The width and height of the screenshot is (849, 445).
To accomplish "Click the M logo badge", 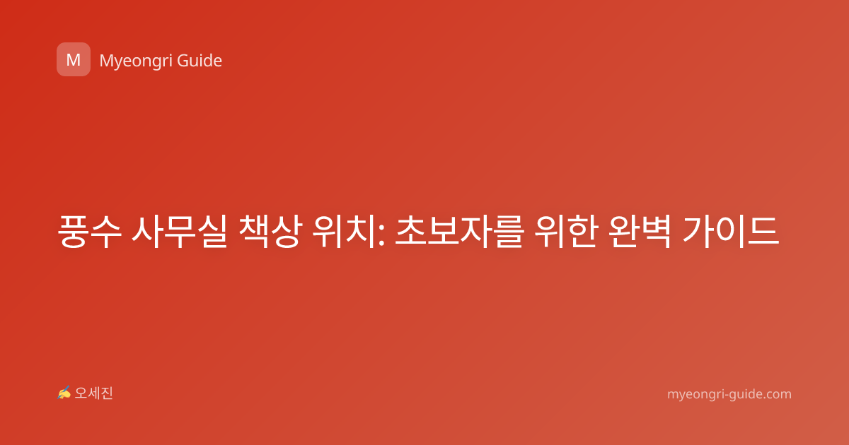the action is coord(74,59).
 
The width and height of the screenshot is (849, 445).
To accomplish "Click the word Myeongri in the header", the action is coord(135,61).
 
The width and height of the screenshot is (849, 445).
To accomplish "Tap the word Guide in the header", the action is coord(200,61).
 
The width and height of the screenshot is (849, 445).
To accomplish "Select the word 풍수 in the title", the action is coord(89,232).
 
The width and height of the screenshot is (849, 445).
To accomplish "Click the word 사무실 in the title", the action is coord(180,232).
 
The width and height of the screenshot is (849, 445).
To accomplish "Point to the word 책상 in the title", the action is coord(270,232).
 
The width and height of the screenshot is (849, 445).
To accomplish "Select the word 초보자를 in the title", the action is coord(460,232).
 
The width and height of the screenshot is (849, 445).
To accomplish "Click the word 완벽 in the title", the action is coord(640,232).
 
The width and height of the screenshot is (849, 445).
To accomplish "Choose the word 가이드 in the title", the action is coord(731,232).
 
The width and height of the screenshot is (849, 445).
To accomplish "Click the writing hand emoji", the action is coord(64,393).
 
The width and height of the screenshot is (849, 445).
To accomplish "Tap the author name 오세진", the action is coord(93,393).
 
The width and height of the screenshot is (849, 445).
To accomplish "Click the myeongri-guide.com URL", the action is coord(729,394).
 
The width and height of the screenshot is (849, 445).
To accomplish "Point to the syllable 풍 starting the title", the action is coord(72,232).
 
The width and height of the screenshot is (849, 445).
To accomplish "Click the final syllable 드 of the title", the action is coord(764,232).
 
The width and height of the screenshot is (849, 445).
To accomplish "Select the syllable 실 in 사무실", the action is coord(212,232).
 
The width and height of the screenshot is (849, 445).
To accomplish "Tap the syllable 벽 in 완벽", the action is coord(657,232).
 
